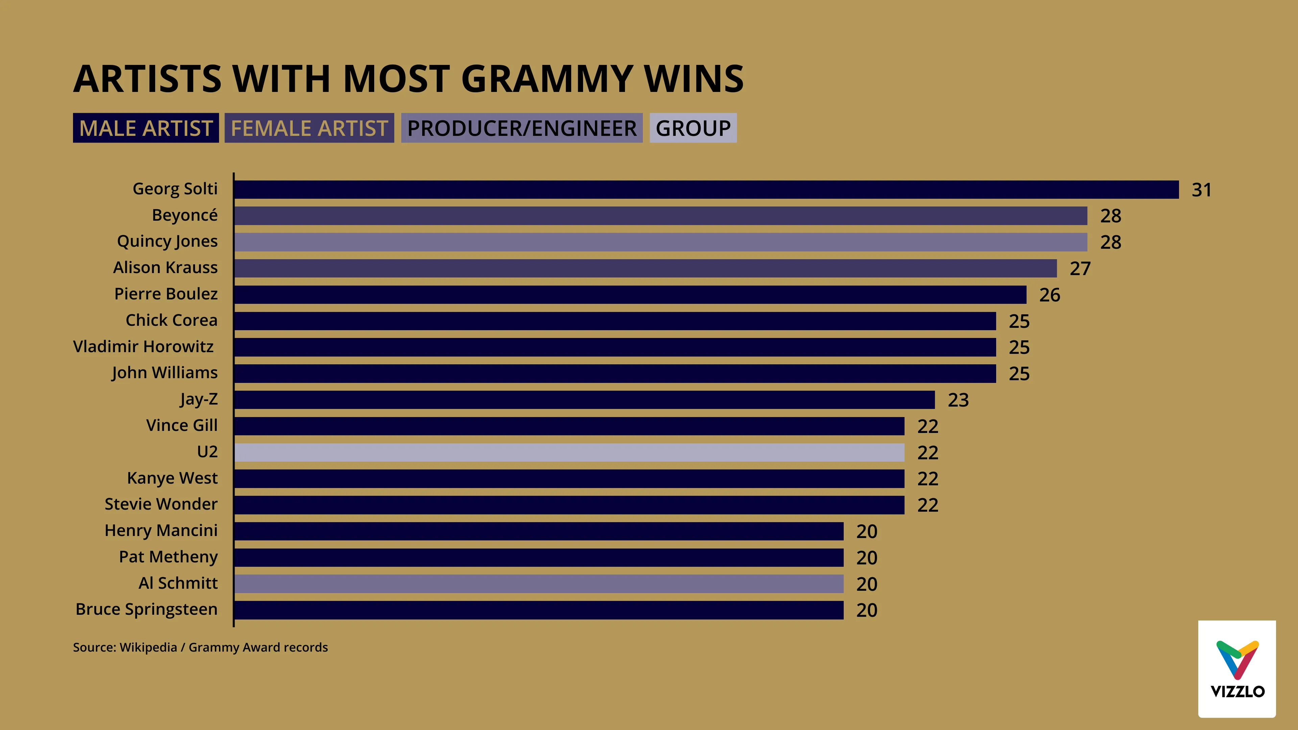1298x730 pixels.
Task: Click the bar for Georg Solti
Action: (705, 189)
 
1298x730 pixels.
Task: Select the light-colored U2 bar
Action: (569, 453)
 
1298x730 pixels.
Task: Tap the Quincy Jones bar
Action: (660, 242)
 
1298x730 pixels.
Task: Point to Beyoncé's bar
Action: (660, 216)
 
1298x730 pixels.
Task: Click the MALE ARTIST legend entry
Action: (146, 128)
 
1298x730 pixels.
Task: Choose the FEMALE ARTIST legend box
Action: (309, 128)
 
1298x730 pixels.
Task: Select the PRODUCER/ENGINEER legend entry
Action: (522, 128)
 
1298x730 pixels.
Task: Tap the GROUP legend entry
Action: (693, 128)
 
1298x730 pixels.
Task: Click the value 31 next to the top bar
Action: (1201, 190)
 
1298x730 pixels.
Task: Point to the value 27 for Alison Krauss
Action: (1080, 269)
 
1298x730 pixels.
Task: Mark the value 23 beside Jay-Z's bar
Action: (958, 400)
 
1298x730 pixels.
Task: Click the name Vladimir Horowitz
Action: (144, 347)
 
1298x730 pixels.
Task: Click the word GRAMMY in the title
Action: (546, 79)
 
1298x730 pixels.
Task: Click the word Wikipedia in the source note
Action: (148, 648)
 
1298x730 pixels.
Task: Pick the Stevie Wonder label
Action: (161, 504)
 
